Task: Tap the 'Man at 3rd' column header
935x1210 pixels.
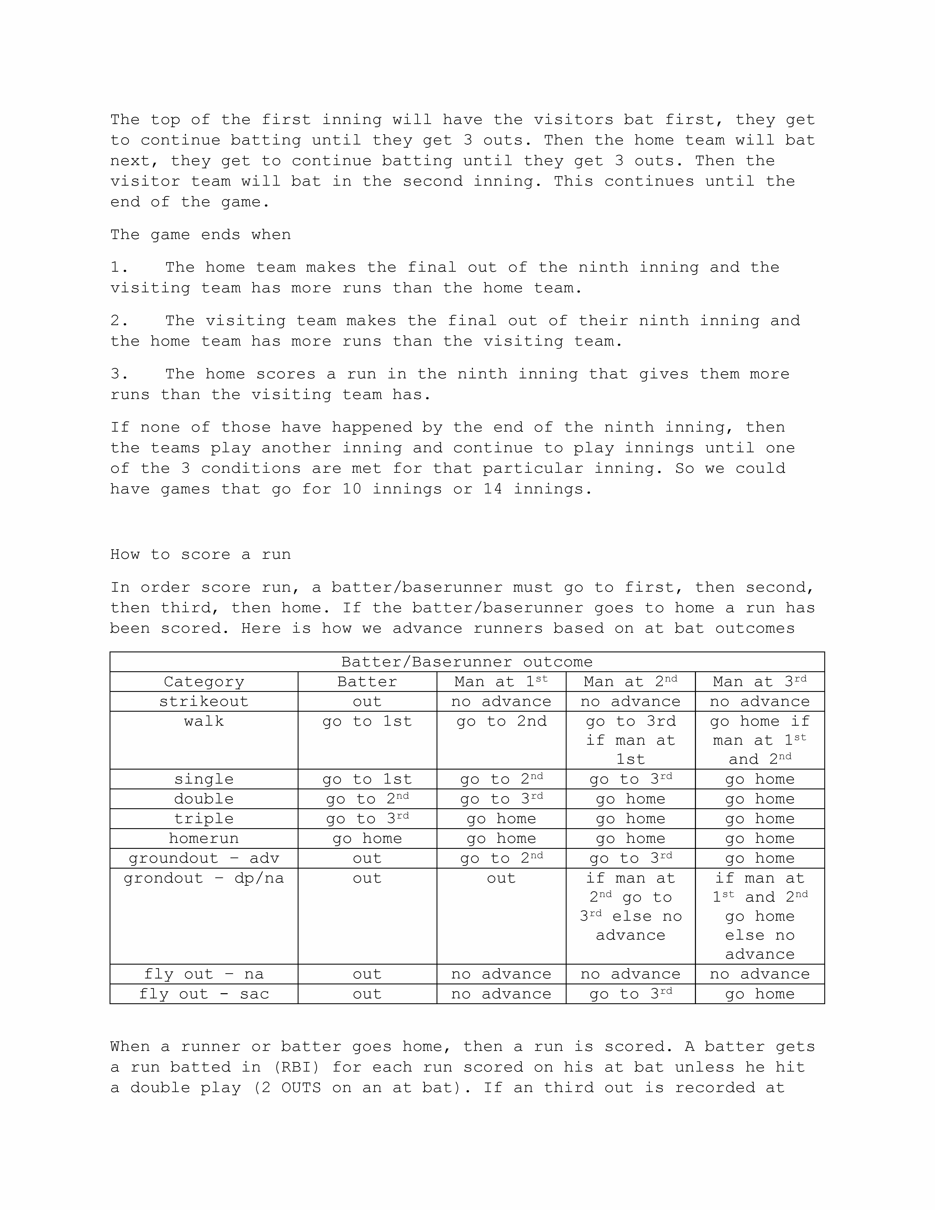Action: [759, 682]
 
